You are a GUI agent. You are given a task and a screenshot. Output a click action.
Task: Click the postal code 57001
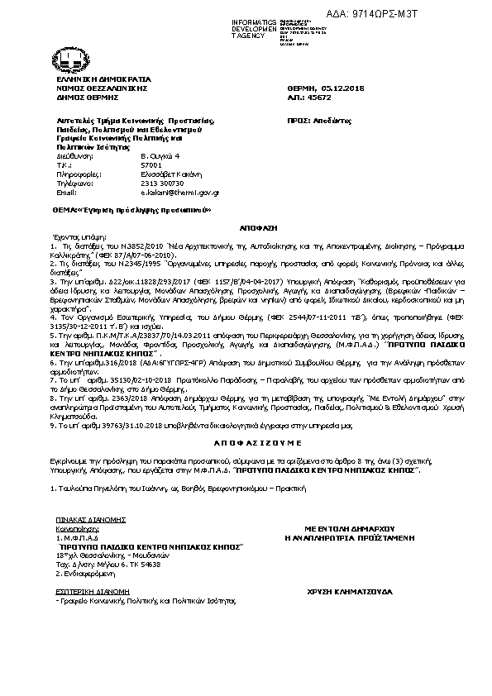[x=150, y=164]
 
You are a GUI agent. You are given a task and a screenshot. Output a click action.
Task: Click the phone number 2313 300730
[x=162, y=183]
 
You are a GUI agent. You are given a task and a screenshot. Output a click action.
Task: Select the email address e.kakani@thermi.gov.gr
[x=179, y=192]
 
